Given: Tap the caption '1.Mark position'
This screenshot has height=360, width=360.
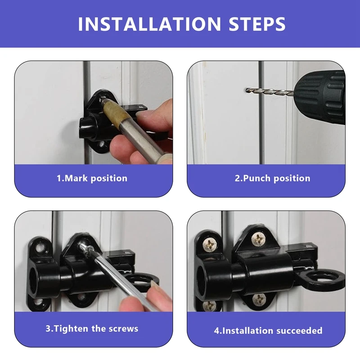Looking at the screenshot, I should click(x=92, y=178).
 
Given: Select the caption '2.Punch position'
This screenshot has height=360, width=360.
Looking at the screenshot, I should click(x=272, y=178).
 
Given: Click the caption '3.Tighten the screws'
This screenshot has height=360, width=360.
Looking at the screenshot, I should click(x=92, y=328).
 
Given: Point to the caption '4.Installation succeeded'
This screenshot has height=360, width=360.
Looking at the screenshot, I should click(x=268, y=331).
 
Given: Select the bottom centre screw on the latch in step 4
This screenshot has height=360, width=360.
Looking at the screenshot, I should click(x=259, y=298).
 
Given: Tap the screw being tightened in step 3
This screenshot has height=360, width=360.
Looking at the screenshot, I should click(x=84, y=246).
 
